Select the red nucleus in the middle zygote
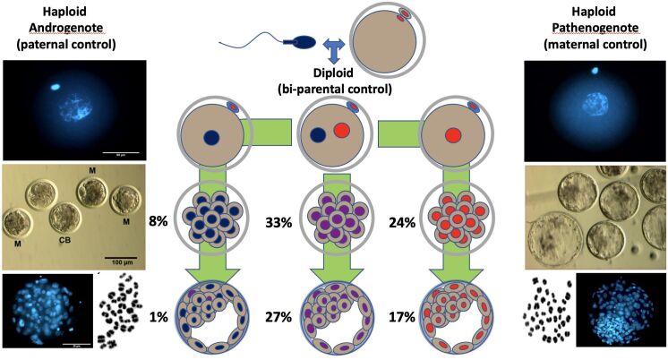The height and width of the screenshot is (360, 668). [x=341, y=132]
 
